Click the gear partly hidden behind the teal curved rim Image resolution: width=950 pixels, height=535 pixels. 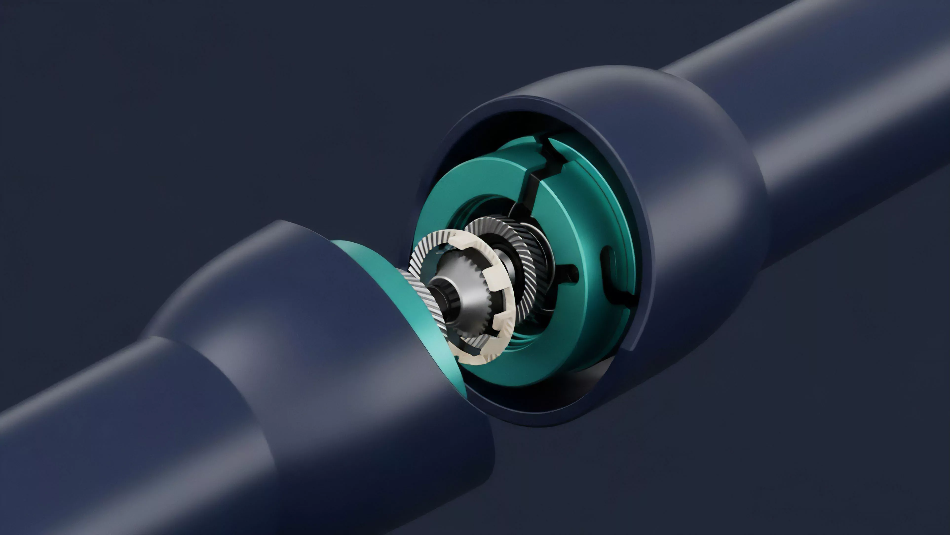pos(424,295)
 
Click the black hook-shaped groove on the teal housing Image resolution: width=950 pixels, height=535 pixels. pos(608,273)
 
